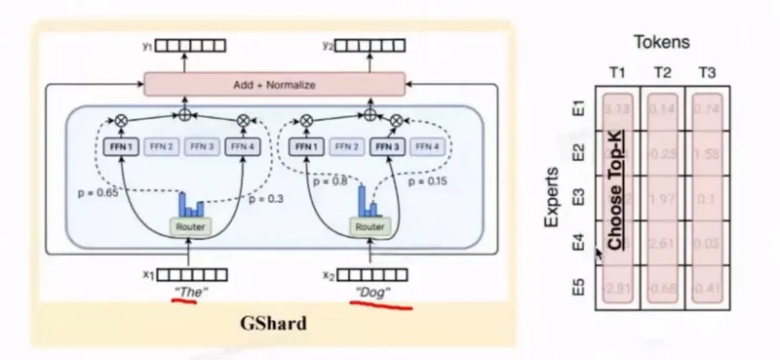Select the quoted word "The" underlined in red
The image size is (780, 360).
(x=191, y=291)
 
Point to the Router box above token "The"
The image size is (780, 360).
(x=191, y=226)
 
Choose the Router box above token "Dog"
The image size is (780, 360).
(x=370, y=226)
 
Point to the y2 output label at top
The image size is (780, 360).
(x=328, y=45)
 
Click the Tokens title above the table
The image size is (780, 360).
(x=662, y=43)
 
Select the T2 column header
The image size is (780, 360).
(x=663, y=73)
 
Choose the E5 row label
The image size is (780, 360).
(x=578, y=288)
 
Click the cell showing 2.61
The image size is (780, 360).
(x=663, y=243)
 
